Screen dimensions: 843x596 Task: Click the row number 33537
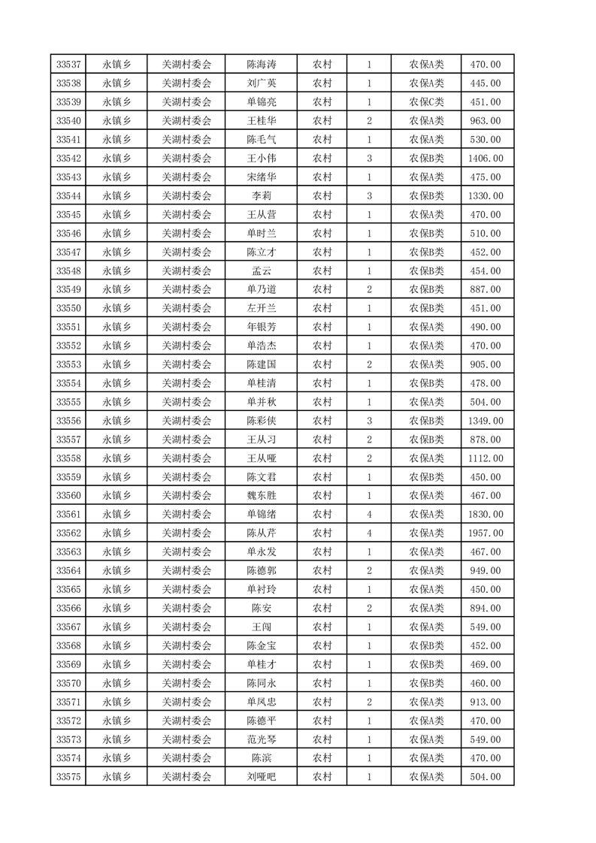pyautogui.click(x=69, y=65)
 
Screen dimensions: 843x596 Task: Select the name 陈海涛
pyautogui.click(x=262, y=65)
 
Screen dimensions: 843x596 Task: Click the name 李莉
pyautogui.click(x=262, y=196)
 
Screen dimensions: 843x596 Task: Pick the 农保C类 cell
pyautogui.click(x=426, y=102)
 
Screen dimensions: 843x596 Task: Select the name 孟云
pyautogui.click(x=262, y=270)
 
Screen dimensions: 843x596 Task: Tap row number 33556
pyautogui.click(x=69, y=421)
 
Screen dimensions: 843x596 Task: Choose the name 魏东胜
pyautogui.click(x=262, y=495)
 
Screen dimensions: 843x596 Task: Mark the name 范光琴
pyautogui.click(x=262, y=739)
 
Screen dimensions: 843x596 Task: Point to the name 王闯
pyautogui.click(x=262, y=627)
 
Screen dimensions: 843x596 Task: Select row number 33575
pyautogui.click(x=69, y=776)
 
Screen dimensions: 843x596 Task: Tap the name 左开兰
pyautogui.click(x=262, y=308)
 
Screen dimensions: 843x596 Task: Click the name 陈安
pyautogui.click(x=262, y=608)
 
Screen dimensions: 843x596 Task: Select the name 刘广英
pyautogui.click(x=262, y=83)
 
